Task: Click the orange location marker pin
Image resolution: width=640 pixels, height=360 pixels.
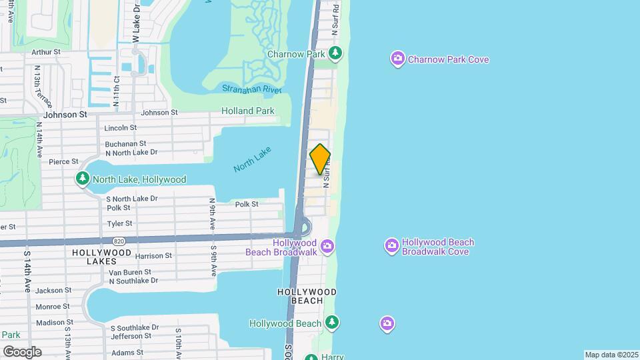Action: [x=320, y=159]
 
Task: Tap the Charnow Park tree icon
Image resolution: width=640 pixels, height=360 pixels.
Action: [x=337, y=53]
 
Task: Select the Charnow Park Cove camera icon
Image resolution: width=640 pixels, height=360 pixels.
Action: [x=398, y=59]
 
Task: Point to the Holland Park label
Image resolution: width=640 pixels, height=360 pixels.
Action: [x=248, y=111]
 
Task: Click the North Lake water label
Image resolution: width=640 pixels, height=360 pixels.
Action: [x=253, y=158]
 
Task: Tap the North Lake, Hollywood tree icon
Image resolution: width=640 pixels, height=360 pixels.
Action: [x=83, y=179]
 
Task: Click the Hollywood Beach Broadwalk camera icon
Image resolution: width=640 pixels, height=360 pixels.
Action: [x=327, y=247]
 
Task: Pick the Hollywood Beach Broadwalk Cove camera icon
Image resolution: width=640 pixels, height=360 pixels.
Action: [x=392, y=247]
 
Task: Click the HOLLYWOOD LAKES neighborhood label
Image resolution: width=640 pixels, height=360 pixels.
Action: [x=102, y=257]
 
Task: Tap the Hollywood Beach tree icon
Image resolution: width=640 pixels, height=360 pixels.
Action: [x=332, y=323]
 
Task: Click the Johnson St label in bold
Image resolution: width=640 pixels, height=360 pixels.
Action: [x=65, y=114]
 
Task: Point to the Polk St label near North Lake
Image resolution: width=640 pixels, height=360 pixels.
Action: [x=246, y=204]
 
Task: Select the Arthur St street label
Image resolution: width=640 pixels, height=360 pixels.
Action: [x=45, y=51]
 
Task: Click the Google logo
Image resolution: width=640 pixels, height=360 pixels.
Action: [x=21, y=351]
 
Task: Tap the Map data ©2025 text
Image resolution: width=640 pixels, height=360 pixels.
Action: [x=611, y=355]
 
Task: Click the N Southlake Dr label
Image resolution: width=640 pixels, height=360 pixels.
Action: [x=133, y=281]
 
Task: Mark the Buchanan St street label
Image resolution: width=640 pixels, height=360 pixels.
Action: [x=125, y=143]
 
